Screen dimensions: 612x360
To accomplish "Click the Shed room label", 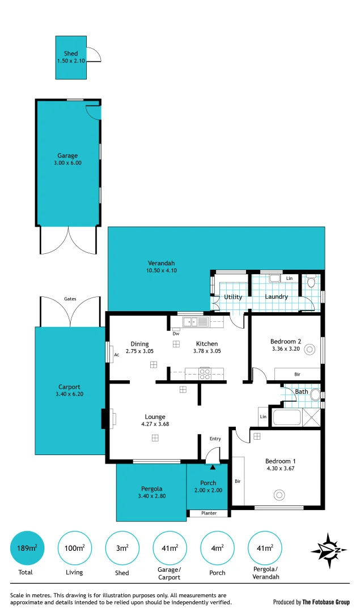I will (71, 54).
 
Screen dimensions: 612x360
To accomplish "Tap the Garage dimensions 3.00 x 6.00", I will (67, 163).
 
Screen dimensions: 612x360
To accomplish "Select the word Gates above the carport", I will (70, 298).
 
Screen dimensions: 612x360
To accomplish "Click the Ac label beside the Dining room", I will (116, 355).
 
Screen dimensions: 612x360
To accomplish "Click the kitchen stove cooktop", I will (204, 373).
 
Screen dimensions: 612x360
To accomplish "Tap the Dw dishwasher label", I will (176, 334).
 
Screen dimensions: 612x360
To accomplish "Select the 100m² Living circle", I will (75, 548).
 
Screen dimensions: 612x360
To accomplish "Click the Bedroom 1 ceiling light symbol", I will (279, 495).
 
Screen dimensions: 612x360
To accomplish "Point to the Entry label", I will (215, 439).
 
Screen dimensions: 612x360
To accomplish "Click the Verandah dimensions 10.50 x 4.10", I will (161, 271).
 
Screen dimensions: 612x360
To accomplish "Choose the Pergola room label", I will (151, 488).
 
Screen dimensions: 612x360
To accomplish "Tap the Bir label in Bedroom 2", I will (297, 375).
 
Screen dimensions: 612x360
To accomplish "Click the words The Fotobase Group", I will (326, 602).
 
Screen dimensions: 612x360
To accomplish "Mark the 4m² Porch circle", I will (217, 548).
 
